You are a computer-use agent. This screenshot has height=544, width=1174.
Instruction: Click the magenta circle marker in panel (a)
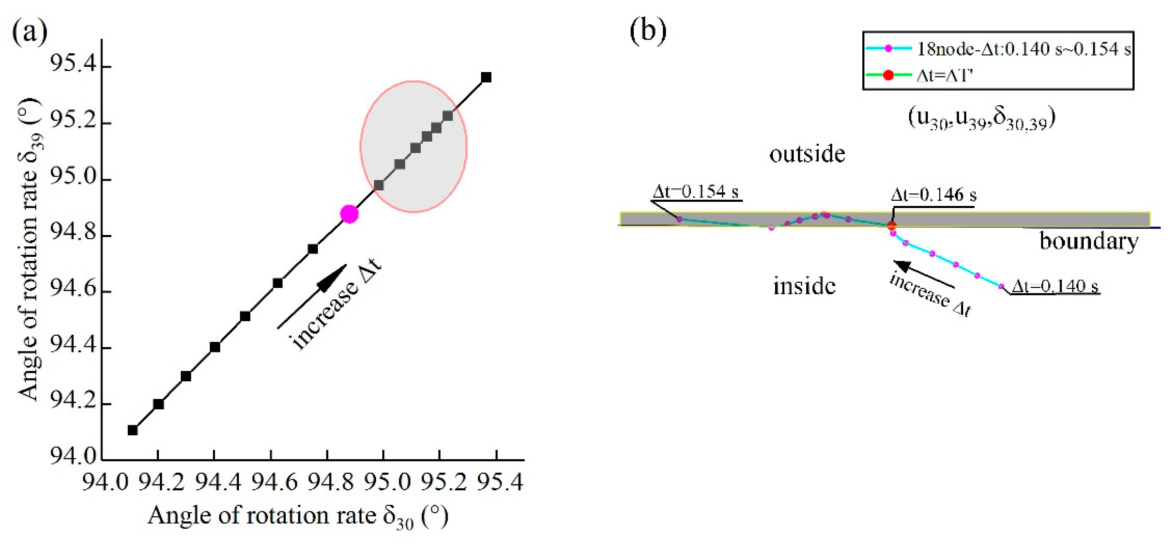349,214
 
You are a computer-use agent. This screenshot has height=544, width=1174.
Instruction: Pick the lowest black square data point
133,430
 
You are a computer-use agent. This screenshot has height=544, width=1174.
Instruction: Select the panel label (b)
648,31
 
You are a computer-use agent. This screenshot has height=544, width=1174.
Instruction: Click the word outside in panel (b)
807,154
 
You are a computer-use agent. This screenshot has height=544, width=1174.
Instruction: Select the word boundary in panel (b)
1088,241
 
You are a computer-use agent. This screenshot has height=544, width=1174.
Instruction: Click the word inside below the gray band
804,286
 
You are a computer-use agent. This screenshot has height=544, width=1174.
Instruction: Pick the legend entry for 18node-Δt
1023,49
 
